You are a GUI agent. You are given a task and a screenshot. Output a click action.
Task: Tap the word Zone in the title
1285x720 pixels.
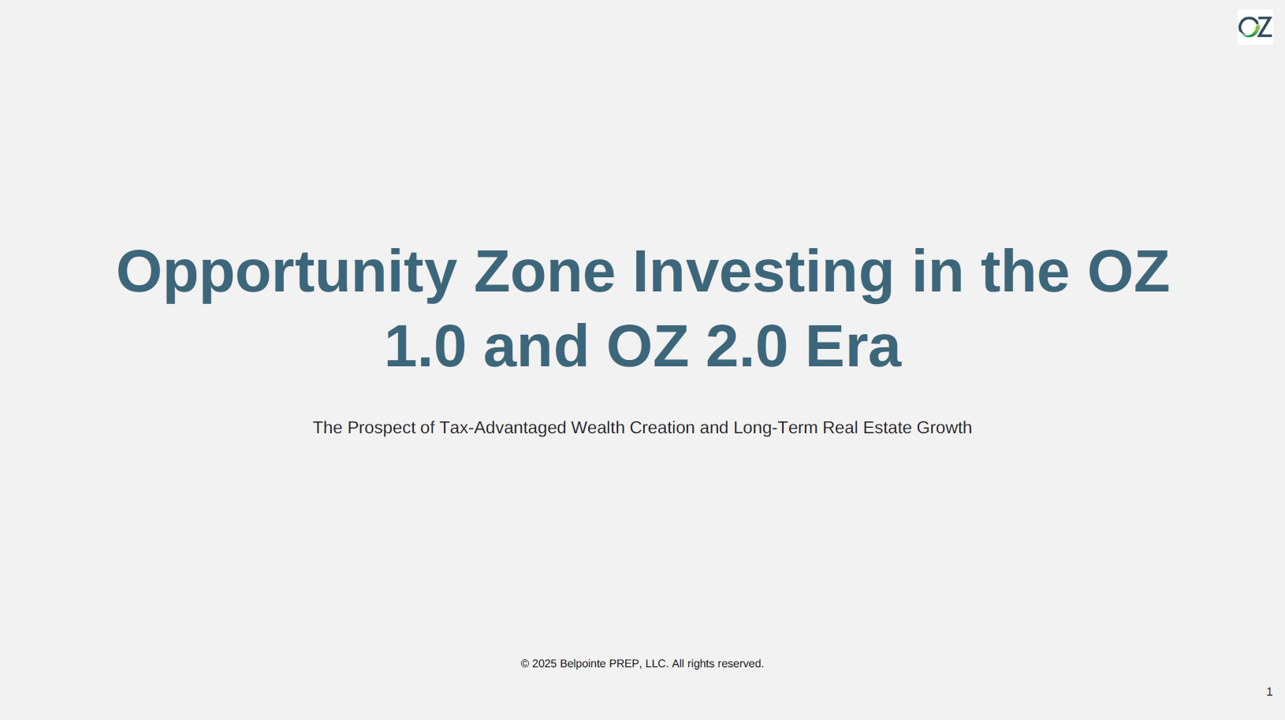tap(545, 272)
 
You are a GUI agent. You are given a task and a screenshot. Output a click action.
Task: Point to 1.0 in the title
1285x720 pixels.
tap(425, 347)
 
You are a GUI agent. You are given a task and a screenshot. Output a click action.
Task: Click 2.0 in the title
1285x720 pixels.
tap(747, 347)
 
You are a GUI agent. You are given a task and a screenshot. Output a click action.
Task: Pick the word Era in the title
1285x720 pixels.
tap(854, 347)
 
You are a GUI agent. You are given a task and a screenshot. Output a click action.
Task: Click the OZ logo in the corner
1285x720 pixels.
tap(1255, 27)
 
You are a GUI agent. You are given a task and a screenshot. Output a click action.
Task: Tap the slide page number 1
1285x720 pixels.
tap(1269, 692)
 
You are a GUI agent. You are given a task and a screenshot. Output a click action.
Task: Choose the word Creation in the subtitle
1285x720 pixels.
tap(662, 428)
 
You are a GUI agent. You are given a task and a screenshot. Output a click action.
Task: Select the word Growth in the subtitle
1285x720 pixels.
tap(944, 428)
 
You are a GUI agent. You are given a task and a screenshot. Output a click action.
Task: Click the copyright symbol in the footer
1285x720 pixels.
tap(525, 664)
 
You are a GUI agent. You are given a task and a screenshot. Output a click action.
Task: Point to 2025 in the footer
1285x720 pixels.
tap(545, 664)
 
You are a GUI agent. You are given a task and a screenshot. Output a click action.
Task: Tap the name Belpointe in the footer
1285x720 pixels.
tap(583, 664)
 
